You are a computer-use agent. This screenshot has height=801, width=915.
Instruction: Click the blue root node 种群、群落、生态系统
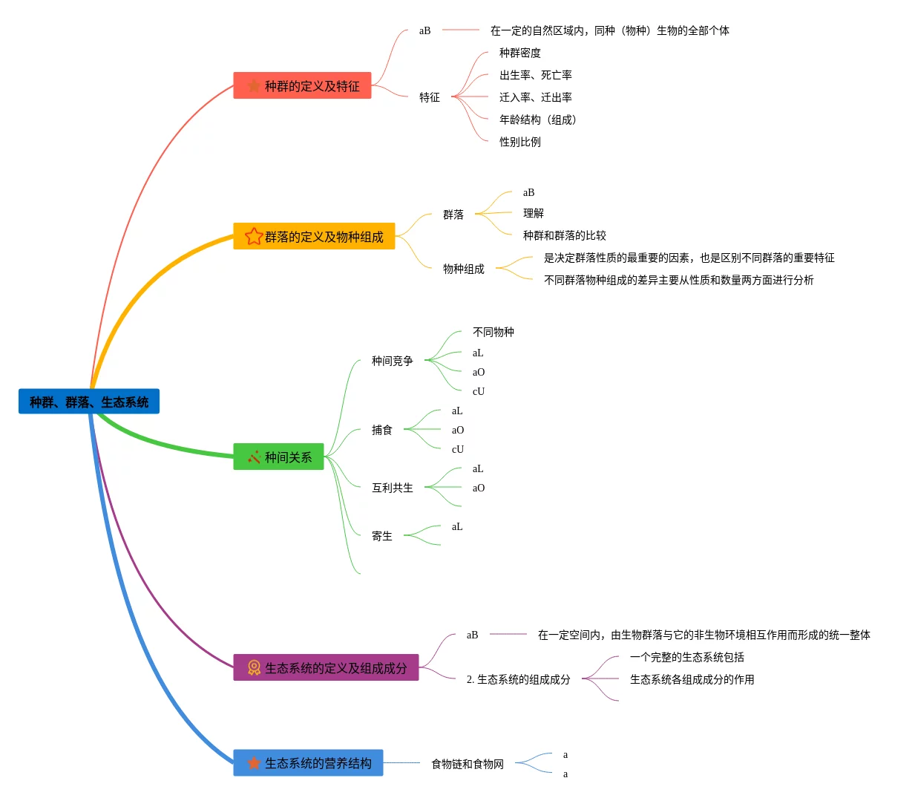point(89,402)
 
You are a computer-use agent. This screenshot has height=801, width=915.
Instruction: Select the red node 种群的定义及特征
point(303,86)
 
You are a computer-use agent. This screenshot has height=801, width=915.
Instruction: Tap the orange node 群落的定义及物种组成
point(315,237)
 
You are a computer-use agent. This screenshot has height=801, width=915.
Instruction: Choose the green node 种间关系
point(279,457)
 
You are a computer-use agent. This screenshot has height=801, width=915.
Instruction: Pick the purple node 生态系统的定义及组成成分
point(327,668)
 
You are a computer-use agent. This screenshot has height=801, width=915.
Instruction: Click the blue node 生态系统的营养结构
point(309,763)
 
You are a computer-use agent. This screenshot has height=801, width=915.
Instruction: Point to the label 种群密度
point(519,53)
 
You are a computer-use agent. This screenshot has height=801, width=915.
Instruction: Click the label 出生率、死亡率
point(535,75)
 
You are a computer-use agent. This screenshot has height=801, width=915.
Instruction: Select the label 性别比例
point(519,142)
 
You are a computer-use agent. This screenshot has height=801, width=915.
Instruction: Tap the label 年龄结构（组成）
point(537,120)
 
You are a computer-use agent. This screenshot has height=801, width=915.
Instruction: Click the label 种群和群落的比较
point(564,235)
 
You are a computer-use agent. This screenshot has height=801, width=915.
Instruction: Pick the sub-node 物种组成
point(463,269)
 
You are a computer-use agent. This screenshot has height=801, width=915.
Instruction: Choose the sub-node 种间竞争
point(392,361)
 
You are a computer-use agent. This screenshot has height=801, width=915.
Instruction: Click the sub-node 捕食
point(381,430)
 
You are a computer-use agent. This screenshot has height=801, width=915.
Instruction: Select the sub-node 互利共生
point(392,488)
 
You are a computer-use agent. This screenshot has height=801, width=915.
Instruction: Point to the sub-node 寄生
point(381,536)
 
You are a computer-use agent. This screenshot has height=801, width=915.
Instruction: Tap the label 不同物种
point(493,332)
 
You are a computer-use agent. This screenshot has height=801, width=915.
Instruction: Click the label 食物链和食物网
point(467,764)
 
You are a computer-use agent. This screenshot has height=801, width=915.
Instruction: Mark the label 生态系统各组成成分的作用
point(692,679)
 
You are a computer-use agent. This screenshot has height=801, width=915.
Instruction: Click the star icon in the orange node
point(254,237)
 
